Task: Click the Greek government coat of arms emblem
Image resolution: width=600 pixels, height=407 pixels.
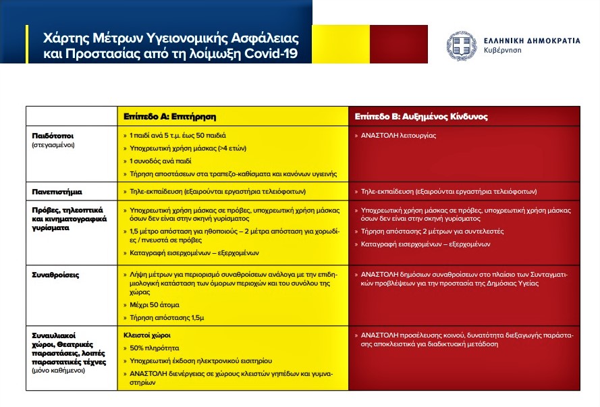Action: (462, 46)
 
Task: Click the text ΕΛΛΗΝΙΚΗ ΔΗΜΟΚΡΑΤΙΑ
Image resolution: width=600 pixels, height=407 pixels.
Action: (532, 40)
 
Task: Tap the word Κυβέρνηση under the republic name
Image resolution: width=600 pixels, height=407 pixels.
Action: (502, 51)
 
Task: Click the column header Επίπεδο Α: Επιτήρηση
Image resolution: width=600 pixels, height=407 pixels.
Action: (169, 117)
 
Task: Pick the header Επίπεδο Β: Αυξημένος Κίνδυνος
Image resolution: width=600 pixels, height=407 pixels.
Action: (421, 117)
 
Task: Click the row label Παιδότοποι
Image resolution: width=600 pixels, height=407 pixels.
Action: (53, 136)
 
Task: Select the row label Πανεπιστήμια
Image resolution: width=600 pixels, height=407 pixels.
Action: (57, 192)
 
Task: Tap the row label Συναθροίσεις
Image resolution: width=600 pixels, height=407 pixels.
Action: (55, 275)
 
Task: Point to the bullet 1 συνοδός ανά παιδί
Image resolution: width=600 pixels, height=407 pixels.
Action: (161, 161)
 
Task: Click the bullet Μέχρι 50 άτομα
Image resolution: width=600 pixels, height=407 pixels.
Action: (154, 305)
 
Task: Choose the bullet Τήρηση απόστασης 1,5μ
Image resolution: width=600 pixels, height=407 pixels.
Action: (167, 318)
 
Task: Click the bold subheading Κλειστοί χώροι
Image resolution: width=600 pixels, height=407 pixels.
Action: (147, 335)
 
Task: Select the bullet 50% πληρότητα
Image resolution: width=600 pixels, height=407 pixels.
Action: (154, 348)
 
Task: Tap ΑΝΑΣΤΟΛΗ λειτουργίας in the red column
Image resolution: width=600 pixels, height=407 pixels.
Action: (398, 136)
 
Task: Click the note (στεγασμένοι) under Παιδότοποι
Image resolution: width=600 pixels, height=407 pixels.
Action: (53, 145)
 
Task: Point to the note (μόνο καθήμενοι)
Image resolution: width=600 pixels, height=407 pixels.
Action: (58, 371)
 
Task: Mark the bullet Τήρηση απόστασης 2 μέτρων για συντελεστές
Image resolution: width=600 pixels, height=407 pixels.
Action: (432, 232)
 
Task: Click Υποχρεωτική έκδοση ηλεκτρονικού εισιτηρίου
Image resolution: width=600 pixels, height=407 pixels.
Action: (200, 361)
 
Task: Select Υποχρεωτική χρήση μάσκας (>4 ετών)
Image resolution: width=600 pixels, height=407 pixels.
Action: (188, 148)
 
